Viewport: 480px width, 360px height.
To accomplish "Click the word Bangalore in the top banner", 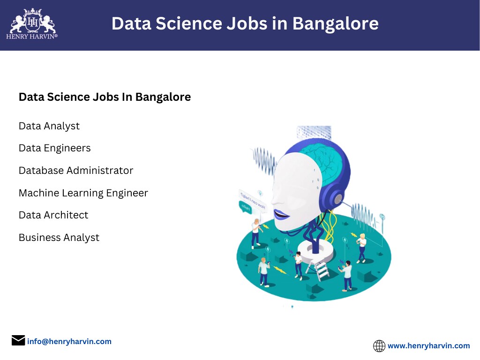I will [335, 23].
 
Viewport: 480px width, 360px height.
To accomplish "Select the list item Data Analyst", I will [49, 126].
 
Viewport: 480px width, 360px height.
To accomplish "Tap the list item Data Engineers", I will [55, 148].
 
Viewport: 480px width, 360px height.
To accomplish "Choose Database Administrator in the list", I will [76, 171].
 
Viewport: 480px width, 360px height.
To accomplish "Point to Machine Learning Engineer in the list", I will [83, 193].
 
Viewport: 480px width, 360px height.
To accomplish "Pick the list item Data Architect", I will [53, 215].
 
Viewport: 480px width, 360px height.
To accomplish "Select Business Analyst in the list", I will [59, 238].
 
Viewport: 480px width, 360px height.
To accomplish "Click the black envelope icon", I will [18, 340].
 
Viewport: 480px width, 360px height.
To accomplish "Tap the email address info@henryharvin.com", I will [69, 341].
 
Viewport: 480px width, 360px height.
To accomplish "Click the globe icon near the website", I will [379, 346].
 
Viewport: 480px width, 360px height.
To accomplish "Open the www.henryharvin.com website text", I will [428, 346].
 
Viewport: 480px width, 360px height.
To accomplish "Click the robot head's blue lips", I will [281, 215].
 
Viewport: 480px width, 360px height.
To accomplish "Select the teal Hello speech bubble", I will [245, 206].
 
